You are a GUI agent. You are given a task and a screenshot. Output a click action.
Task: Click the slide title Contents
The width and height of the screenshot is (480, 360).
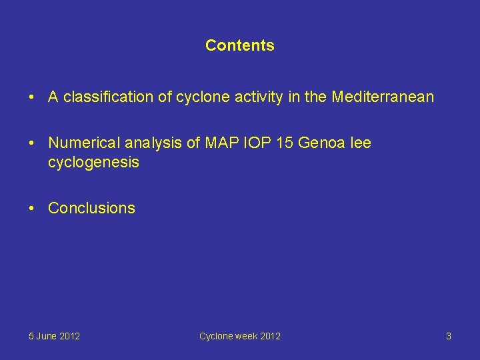(x=239, y=45)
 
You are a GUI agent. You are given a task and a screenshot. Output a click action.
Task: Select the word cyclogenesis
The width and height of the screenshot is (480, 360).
(x=93, y=162)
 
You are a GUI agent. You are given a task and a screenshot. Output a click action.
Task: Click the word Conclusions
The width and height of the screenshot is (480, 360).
(x=91, y=208)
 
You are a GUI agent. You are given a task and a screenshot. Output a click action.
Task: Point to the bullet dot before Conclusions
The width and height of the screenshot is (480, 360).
(x=32, y=208)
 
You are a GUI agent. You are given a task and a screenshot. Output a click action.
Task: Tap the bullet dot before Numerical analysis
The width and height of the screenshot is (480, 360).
(x=32, y=143)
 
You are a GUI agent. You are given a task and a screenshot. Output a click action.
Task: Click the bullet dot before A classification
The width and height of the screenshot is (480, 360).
(x=32, y=97)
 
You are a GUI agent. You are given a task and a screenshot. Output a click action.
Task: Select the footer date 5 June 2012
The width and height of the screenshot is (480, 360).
(x=54, y=336)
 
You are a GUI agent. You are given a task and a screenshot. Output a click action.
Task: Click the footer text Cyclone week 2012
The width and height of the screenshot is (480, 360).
(x=239, y=336)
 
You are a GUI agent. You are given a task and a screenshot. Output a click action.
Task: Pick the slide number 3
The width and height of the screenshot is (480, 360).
(x=448, y=336)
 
